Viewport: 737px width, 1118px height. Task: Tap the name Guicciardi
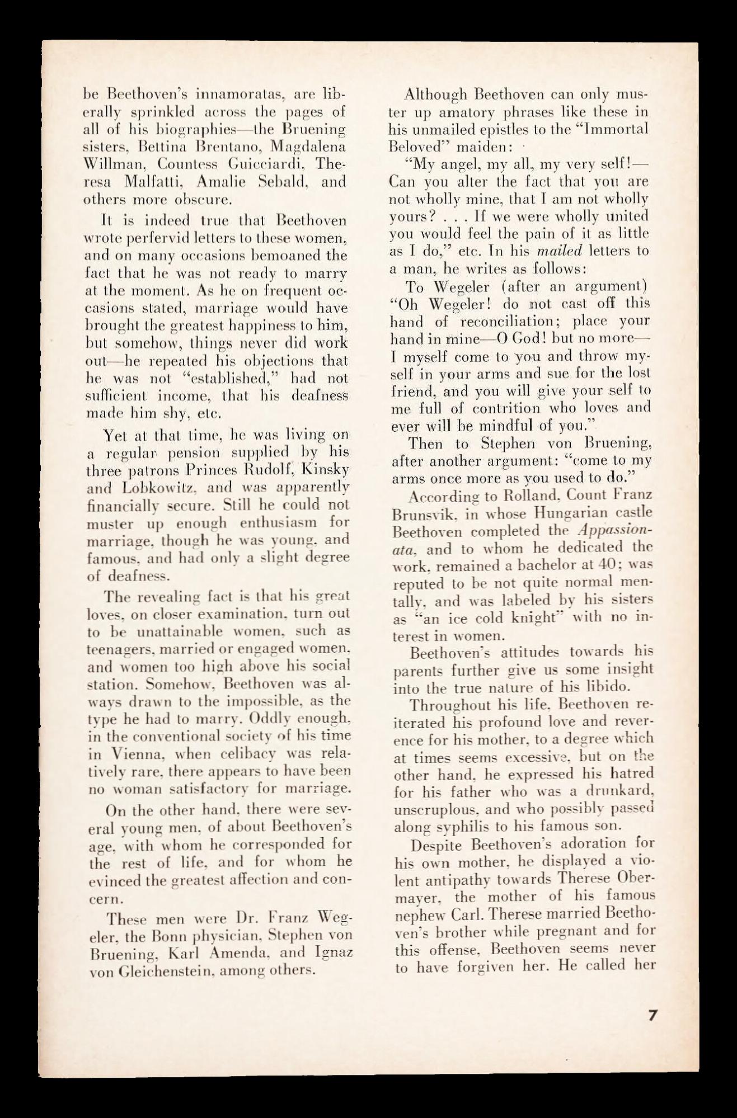(x=268, y=164)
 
